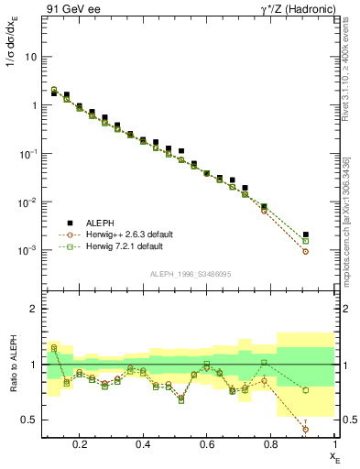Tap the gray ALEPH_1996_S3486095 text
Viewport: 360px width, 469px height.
190,275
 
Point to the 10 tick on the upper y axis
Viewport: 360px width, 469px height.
33,57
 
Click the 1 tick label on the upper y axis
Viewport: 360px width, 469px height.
35,105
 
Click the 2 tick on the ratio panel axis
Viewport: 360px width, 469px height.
35,309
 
